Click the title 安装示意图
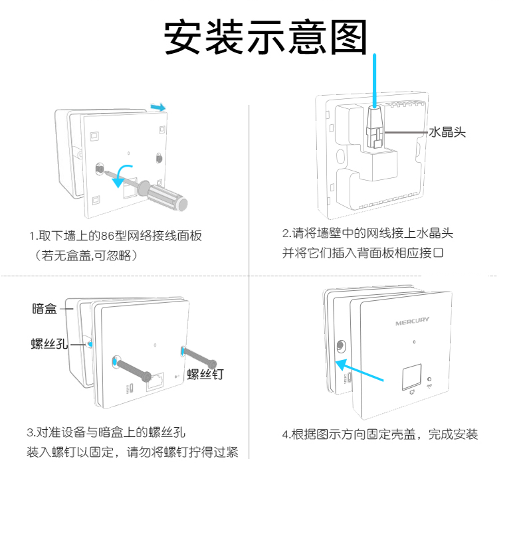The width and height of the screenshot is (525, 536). (x=265, y=37)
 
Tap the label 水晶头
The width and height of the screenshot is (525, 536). (x=447, y=132)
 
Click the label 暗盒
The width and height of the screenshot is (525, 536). (x=44, y=308)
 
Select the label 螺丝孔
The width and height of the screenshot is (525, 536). (x=49, y=343)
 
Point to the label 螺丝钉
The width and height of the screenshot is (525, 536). (x=205, y=374)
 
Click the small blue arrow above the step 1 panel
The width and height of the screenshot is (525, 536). (x=158, y=106)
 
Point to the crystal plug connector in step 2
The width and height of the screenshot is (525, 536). (x=375, y=126)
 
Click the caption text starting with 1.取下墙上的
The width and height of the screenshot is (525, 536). (x=115, y=236)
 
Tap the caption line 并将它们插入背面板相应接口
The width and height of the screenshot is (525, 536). (x=362, y=253)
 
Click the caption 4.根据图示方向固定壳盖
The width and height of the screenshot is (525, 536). (x=379, y=435)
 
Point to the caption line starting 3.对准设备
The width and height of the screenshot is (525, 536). (x=106, y=432)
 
